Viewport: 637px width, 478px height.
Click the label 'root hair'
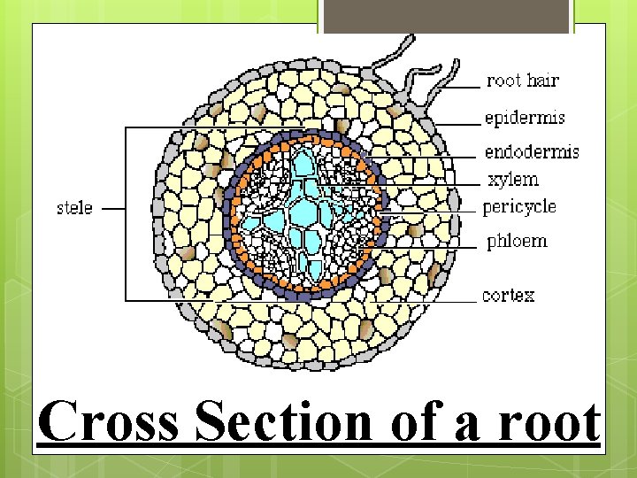524,81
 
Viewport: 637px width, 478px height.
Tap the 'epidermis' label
524,118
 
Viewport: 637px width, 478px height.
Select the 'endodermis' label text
531,151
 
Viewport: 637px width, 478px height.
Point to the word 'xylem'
513,180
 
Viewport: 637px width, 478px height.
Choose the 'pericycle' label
520,207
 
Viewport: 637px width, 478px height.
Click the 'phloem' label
516,241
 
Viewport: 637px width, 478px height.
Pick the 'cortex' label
509,295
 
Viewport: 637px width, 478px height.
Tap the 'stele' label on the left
74,208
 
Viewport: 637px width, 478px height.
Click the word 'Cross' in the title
110,423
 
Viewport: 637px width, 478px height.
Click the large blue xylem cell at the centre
306,212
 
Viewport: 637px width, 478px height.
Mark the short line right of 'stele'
112,209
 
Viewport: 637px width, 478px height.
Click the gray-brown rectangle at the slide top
448,16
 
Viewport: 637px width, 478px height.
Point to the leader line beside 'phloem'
442,242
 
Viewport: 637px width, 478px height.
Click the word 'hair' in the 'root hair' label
543,81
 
